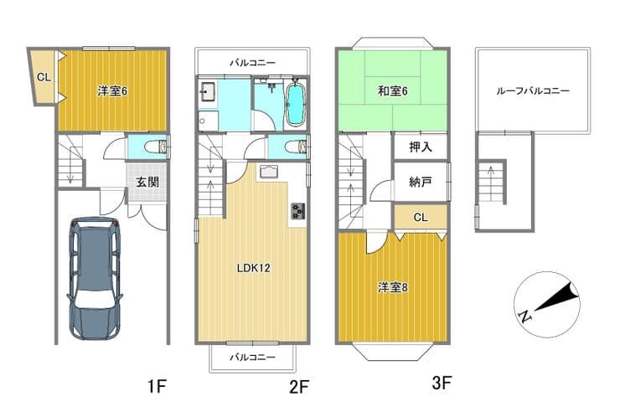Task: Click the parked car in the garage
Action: (95, 278)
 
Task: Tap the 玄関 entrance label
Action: (147, 182)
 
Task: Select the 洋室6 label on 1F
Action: (112, 91)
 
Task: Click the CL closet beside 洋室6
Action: (44, 77)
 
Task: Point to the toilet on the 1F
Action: (155, 147)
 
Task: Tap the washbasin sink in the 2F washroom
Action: (208, 91)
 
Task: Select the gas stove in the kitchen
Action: (297, 211)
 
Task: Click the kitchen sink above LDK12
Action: (270, 173)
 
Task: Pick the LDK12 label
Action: (253, 268)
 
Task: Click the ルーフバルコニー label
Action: (533, 91)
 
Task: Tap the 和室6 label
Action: (392, 91)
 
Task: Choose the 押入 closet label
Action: (421, 147)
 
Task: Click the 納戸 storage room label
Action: (421, 182)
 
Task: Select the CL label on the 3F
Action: (421, 217)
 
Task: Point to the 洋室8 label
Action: (392, 287)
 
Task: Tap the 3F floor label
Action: (442, 383)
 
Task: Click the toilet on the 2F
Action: (296, 147)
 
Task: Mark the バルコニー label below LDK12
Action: (253, 358)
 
